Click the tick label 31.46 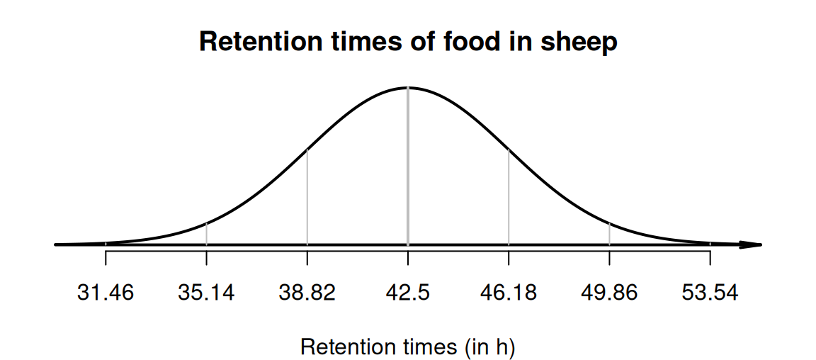point(106,292)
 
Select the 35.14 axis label point(206,292)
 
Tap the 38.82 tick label point(307,292)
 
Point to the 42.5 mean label point(407,292)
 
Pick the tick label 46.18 point(509,292)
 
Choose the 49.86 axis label point(609,292)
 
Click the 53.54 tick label point(710,292)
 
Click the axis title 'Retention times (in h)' point(407,347)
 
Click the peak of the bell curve point(408,88)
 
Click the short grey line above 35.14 point(206,234)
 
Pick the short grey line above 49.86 point(609,234)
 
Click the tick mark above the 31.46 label point(106,257)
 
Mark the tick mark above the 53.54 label point(710,257)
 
